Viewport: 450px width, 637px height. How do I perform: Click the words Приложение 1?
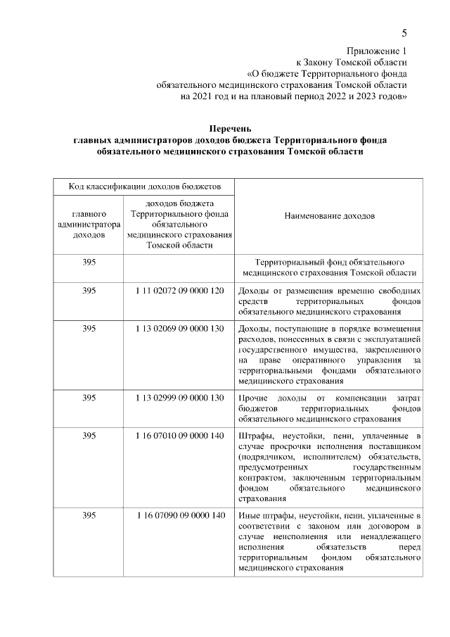click(x=376, y=51)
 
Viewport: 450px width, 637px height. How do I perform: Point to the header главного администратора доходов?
click(x=89, y=224)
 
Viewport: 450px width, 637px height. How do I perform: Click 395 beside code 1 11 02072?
click(x=89, y=290)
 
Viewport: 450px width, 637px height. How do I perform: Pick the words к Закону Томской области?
click(x=351, y=62)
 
